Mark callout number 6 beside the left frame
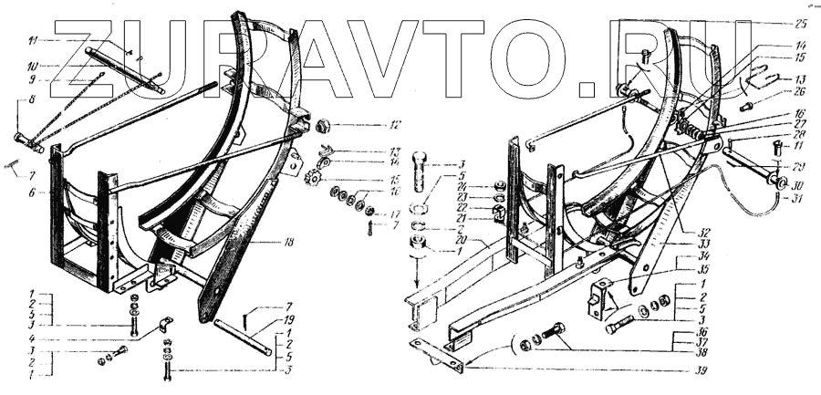tap(31, 192)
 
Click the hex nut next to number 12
tap(322, 123)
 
